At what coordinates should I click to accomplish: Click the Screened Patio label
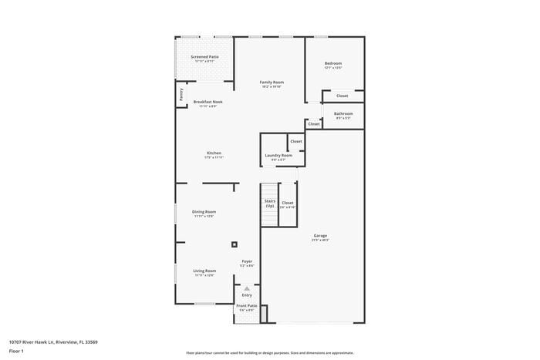[204, 56]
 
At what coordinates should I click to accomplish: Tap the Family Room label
[272, 82]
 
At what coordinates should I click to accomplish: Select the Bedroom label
[332, 63]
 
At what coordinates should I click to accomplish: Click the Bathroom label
[343, 113]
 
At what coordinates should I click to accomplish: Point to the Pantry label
[181, 94]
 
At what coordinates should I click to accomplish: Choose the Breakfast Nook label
[208, 102]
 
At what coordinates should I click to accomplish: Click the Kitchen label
[214, 153]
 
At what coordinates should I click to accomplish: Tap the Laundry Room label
[278, 156]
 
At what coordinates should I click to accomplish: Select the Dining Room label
[204, 211]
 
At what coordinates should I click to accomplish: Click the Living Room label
[204, 271]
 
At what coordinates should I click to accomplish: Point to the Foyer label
[247, 261]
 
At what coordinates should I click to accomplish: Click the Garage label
[320, 235]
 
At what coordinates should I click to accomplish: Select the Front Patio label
[247, 306]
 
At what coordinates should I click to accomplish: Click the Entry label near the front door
[247, 295]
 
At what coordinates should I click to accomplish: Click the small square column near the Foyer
[234, 245]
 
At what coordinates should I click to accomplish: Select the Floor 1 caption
[16, 352]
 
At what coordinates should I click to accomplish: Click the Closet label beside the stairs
[288, 204]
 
